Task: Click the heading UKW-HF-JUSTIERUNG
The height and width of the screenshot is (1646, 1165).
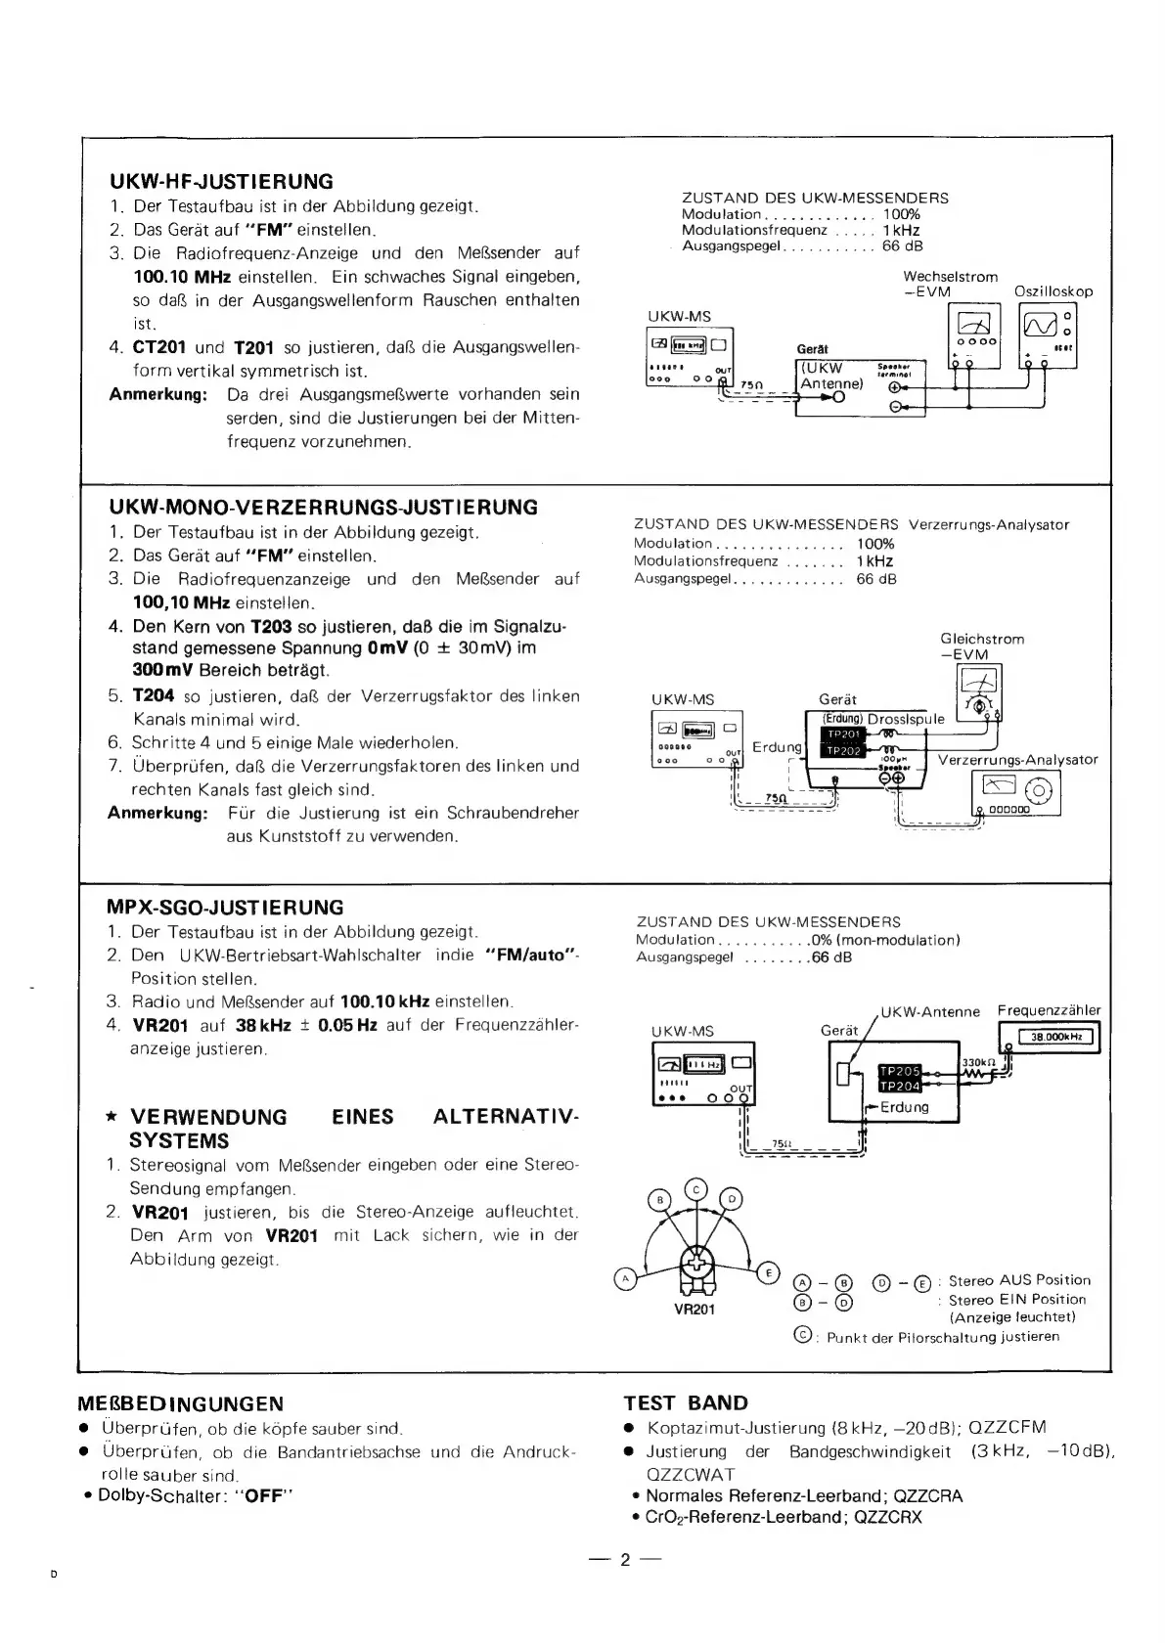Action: click(x=221, y=182)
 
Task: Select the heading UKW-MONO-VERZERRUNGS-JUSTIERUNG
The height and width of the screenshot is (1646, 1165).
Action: click(x=324, y=508)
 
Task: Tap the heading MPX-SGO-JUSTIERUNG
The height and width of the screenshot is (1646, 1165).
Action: click(x=226, y=907)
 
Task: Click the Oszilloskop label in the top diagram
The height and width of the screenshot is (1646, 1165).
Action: click(x=1053, y=291)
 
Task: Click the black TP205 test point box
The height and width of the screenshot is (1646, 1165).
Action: click(x=900, y=1071)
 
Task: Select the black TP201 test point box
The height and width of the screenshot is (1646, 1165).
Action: click(x=842, y=734)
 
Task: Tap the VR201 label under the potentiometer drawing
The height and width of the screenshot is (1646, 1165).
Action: click(x=694, y=1310)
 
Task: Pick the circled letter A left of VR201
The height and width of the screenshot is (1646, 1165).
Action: click(x=622, y=1276)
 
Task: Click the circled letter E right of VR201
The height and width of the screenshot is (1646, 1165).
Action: click(x=768, y=1271)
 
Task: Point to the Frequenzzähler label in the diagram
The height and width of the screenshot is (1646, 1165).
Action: click(x=1049, y=1010)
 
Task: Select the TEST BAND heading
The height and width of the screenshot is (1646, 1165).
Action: click(x=686, y=1403)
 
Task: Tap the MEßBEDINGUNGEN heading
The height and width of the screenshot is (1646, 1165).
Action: click(x=181, y=1404)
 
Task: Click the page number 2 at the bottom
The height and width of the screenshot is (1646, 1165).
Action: click(x=625, y=1560)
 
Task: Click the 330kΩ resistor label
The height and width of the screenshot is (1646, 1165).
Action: click(x=978, y=1062)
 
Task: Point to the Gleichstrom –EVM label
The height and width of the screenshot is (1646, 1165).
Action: click(x=982, y=646)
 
